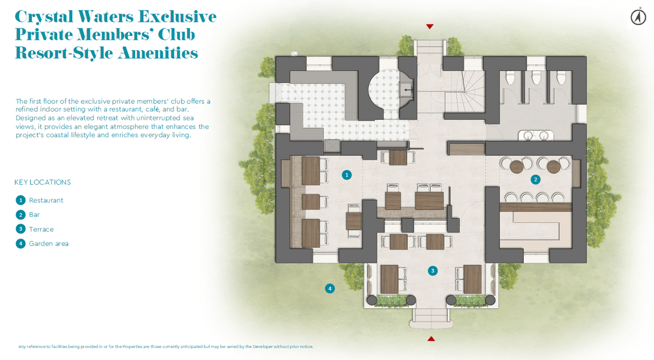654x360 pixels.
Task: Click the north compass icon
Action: coord(638,17)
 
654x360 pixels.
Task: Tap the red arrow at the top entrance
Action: coord(429,26)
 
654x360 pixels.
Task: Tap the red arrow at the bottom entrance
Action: coord(431,339)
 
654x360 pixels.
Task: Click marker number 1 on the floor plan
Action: coord(347,175)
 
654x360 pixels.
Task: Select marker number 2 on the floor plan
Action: coord(535,179)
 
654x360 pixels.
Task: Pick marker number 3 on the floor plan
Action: coord(432,271)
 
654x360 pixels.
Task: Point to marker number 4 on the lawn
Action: coord(330,289)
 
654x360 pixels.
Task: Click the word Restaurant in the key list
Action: coord(46,200)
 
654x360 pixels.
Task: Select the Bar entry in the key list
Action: coord(34,215)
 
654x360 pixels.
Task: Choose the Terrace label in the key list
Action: coord(41,229)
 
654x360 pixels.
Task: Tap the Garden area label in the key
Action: coord(49,243)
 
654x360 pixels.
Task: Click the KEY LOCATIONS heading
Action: coord(43,182)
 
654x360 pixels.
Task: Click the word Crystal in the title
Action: coord(44,17)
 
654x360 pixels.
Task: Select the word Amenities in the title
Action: coord(158,53)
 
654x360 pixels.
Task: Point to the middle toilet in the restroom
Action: coord(536,77)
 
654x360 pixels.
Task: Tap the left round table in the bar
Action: coord(517,167)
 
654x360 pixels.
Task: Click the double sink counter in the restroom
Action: coord(536,136)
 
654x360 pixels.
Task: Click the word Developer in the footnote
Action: coord(263,346)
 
